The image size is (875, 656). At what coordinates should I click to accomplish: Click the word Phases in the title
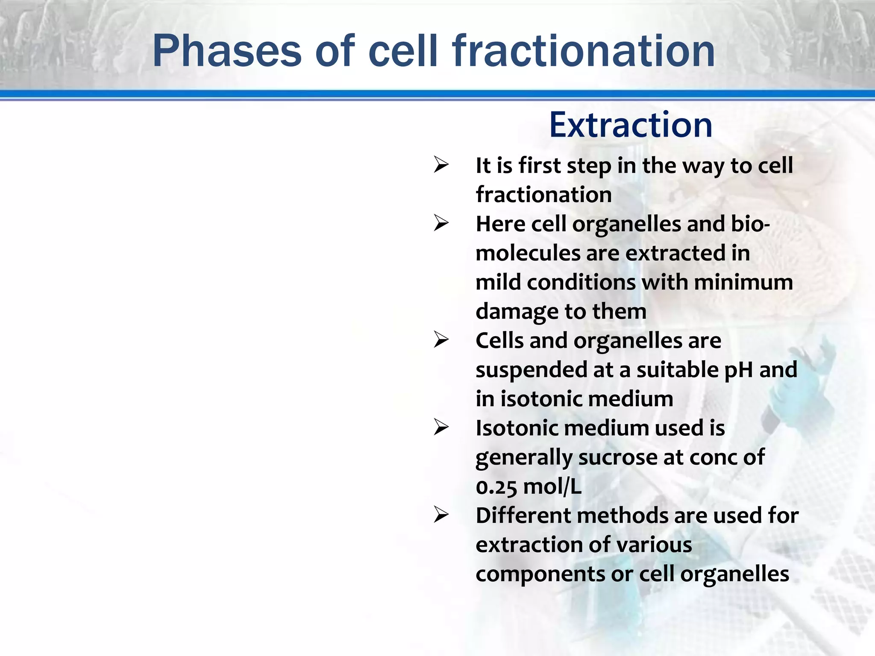pos(227,51)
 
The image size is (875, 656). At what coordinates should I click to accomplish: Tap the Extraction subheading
pos(631,125)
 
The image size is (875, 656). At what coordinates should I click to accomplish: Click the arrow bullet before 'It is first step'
pos(441,165)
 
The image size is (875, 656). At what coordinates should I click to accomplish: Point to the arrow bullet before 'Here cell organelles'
pos(441,223)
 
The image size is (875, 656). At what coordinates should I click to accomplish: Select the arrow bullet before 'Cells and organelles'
pos(441,340)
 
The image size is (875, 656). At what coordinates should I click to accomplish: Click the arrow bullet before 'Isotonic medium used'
pos(441,428)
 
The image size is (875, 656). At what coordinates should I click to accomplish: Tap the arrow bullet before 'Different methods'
pos(441,515)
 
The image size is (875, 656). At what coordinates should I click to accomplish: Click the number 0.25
pos(496,486)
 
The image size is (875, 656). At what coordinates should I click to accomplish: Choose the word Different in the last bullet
pos(523,515)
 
